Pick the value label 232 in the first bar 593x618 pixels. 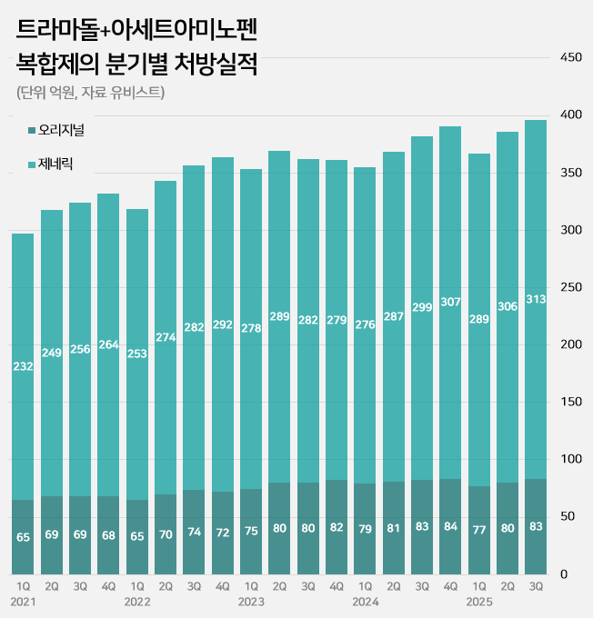click(x=23, y=366)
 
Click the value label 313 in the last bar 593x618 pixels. click(x=536, y=299)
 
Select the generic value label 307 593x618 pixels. click(x=450, y=302)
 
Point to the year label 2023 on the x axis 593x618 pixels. click(x=251, y=602)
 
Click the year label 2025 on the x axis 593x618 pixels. click(x=478, y=602)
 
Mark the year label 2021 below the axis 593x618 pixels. click(x=24, y=602)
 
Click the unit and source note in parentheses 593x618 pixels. click(x=90, y=93)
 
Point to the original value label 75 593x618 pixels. click(x=251, y=533)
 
